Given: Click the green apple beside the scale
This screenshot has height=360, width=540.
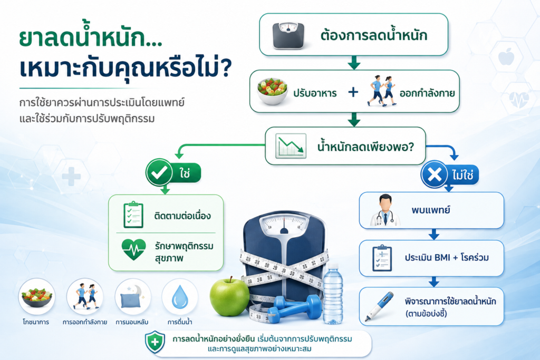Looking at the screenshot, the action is click(x=229, y=296).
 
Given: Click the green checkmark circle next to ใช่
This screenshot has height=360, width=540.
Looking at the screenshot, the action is click(x=159, y=172).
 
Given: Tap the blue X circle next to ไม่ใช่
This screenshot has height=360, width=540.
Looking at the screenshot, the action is click(x=435, y=174).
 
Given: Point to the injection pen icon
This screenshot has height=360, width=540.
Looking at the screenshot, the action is click(x=379, y=306).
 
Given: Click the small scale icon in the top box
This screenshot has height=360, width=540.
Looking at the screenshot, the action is click(x=288, y=35).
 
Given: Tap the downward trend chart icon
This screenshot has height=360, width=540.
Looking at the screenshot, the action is click(x=291, y=146).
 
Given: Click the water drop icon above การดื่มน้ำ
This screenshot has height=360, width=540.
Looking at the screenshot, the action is click(x=180, y=297).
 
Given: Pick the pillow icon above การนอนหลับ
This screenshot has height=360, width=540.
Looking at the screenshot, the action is click(x=132, y=297).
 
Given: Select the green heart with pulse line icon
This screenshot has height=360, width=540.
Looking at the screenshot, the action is click(x=133, y=249).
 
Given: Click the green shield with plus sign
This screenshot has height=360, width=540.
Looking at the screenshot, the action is click(x=155, y=342).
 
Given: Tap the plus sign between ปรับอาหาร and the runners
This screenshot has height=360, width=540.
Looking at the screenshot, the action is click(x=353, y=92).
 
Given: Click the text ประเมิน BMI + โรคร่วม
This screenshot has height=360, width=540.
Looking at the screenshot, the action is click(x=447, y=257).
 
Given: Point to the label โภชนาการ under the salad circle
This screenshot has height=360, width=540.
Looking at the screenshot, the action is click(x=36, y=322).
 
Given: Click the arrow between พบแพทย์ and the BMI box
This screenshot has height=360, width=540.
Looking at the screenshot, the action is click(x=433, y=235).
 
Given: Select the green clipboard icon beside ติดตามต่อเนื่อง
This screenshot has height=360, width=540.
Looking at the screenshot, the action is click(x=133, y=215).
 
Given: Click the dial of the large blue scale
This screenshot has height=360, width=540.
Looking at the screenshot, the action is click(x=284, y=225).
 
